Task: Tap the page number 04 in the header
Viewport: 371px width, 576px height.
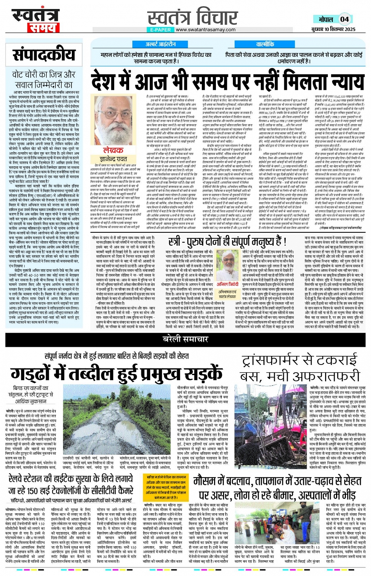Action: click(x=344, y=19)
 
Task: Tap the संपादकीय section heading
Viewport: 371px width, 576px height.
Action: click(x=44, y=55)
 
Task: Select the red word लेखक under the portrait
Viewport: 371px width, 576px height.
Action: click(x=113, y=150)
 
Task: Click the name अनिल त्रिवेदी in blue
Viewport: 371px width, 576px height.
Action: click(x=227, y=284)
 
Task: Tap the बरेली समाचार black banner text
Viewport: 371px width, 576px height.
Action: click(x=185, y=339)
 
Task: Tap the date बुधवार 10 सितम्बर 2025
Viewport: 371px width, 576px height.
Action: click(x=333, y=29)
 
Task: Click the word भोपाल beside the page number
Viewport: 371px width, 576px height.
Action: click(x=325, y=19)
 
